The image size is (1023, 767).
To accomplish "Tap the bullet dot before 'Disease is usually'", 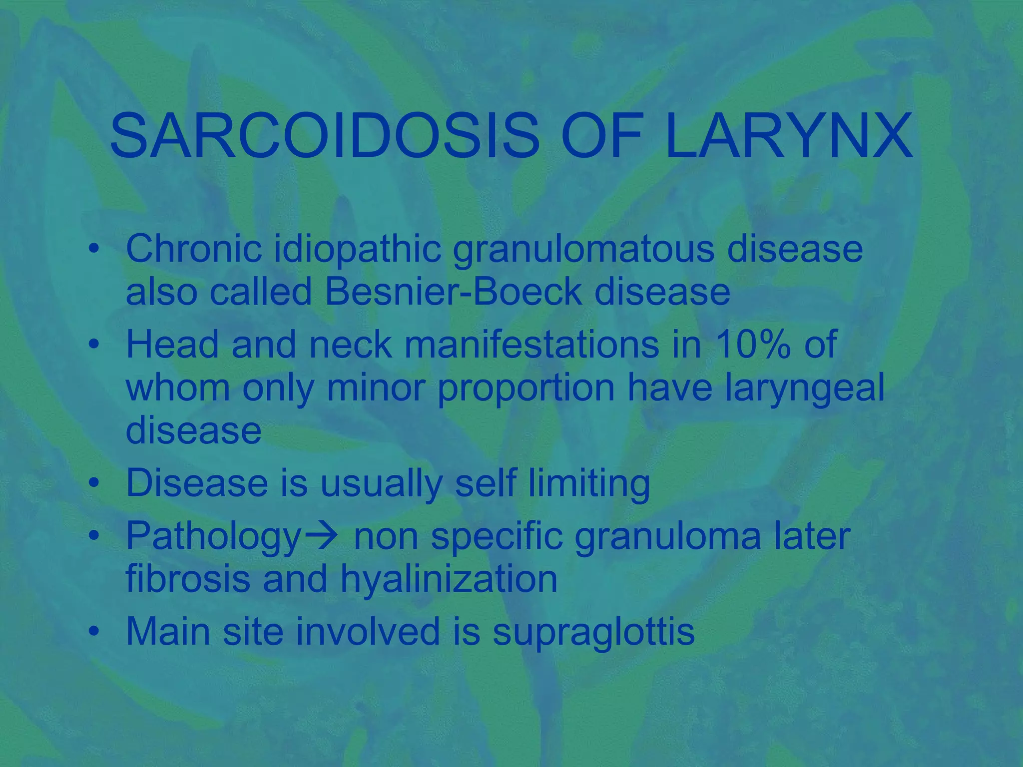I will tap(93, 483).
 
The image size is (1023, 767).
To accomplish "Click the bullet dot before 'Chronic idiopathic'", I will tap(93, 249).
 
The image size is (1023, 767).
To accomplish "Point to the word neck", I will tap(350, 344).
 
